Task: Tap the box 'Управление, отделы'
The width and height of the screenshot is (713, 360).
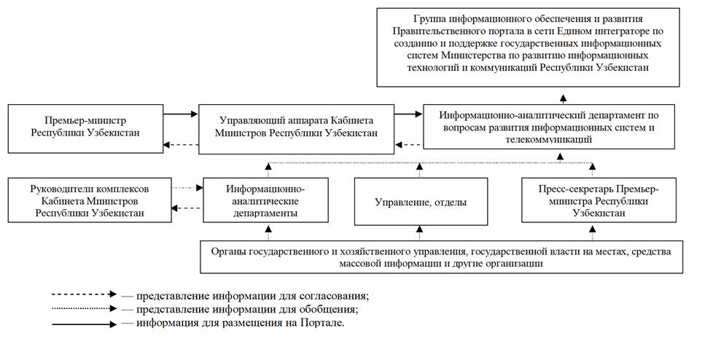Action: coord(421,202)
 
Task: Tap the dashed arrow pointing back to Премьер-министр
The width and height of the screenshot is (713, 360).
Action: coord(180,144)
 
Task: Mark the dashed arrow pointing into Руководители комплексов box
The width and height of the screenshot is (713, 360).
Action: coord(187,208)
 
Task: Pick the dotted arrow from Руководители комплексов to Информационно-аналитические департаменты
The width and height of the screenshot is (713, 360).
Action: coord(187,188)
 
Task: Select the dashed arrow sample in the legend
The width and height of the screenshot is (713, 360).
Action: coord(83,295)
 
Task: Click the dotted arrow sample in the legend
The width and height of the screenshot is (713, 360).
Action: coord(83,309)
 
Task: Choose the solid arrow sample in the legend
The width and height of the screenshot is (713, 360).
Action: coord(83,323)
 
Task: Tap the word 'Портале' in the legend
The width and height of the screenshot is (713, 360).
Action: coord(319,323)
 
